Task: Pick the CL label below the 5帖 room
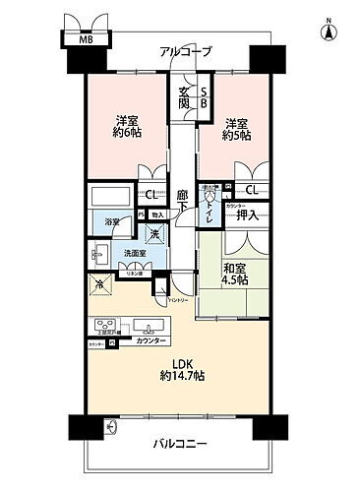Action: click(x=252, y=190)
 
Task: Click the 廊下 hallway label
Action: click(x=182, y=201)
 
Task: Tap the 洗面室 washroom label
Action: click(x=134, y=254)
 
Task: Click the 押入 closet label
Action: click(x=247, y=215)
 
